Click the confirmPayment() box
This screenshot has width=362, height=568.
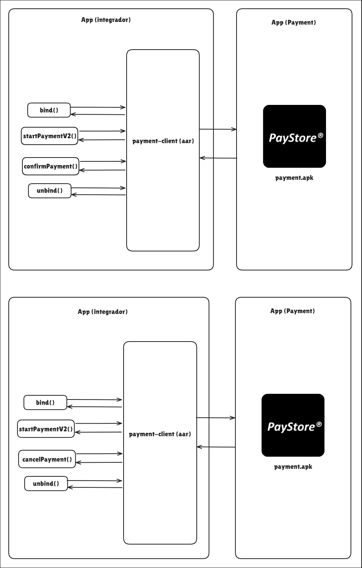point(50,166)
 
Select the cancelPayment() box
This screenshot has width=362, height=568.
point(47,459)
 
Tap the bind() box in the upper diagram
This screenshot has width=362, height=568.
point(49,110)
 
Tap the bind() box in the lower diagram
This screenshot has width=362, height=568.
point(45,403)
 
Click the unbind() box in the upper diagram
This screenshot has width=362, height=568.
point(50,191)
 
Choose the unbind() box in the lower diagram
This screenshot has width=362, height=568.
point(46,484)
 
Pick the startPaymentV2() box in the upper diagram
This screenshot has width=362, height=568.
point(50,136)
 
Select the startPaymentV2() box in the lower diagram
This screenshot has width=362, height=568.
point(46,429)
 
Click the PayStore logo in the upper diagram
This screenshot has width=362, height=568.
point(295,136)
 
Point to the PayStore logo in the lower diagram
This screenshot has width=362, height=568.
point(293,425)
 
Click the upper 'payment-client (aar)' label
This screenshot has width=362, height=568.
point(163,141)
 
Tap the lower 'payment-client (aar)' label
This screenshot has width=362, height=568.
point(160,434)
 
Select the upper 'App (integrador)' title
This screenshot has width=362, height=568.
point(106,20)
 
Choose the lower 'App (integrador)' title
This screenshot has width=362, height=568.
point(103,312)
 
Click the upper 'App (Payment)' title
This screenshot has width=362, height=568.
point(294,22)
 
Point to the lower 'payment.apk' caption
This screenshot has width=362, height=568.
point(293,467)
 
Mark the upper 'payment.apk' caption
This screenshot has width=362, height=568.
point(294,178)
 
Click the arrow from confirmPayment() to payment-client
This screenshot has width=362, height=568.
point(103,161)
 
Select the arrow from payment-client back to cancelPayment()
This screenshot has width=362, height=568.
point(99,462)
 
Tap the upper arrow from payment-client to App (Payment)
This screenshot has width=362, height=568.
point(218,130)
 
